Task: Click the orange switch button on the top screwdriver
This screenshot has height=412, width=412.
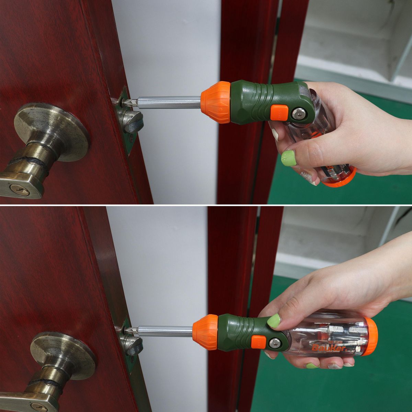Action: click(278, 112)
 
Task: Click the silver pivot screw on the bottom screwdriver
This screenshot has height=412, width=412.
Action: click(275, 343)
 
